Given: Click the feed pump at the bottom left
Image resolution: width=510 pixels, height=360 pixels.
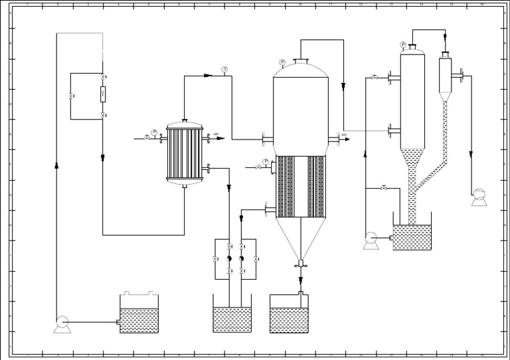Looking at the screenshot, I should coord(62,323).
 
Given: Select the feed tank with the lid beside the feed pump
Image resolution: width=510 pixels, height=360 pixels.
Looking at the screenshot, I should coord(139,315).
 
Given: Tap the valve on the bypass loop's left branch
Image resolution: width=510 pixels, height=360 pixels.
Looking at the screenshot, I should coord(72,97).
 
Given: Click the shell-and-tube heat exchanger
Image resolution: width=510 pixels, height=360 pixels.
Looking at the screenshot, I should coord(185,152).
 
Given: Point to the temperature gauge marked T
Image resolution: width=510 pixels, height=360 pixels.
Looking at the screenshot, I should coord(224,70).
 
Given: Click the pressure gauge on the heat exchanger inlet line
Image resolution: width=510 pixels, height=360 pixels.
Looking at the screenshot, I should coord(155,132).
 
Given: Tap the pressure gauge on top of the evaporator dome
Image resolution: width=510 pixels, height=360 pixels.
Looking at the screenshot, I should coord(282,62).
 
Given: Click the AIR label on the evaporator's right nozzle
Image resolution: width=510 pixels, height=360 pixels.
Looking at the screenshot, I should coord(344,135).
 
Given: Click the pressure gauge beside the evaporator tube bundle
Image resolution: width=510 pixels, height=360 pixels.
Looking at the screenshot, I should coord(266,161).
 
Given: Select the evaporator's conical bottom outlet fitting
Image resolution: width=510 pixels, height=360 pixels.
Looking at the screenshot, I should coord(301,264).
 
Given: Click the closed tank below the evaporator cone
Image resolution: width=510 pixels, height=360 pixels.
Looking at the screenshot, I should coord(290,316).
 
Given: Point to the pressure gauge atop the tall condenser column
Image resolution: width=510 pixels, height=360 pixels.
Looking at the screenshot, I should coord(403,45).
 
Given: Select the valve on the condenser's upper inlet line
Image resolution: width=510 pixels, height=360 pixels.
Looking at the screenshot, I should coord(375,78).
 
